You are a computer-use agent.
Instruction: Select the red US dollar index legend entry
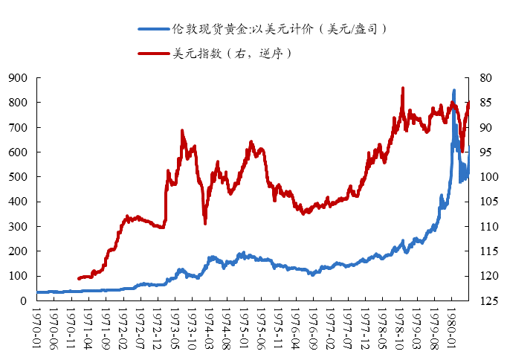coord(216,54)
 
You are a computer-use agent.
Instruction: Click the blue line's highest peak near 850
coord(454,91)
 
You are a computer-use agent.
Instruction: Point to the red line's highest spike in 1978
coord(403,88)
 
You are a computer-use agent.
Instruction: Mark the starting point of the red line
coord(78,279)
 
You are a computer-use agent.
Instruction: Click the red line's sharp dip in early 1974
coord(205,223)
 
